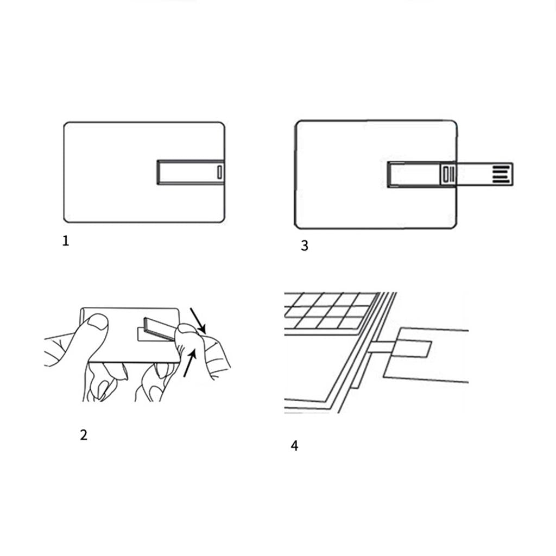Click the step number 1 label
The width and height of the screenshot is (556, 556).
(66, 241)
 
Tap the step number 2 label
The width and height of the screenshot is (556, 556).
(84, 435)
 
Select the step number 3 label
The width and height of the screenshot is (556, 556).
(305, 246)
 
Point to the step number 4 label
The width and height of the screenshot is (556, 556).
(294, 446)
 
